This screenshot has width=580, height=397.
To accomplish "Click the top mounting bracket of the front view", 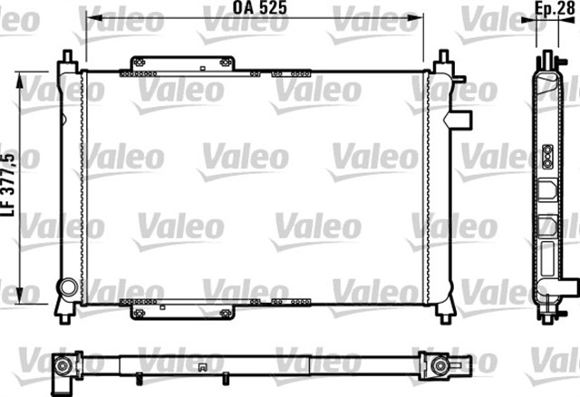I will [x=179, y=64].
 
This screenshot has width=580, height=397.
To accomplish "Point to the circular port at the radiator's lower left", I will [x=67, y=288].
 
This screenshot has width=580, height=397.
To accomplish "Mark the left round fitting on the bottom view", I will [x=64, y=366].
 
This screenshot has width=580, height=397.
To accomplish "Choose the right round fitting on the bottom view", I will [x=439, y=366].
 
